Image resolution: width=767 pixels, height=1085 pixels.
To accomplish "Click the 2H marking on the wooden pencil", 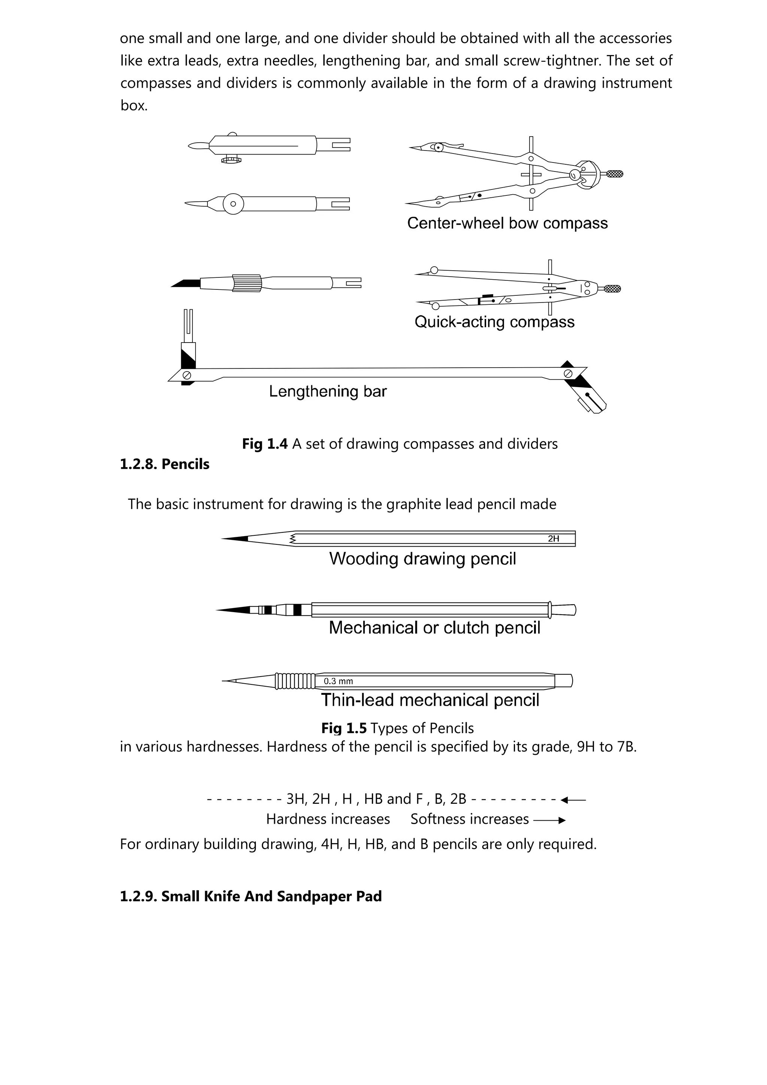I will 554,539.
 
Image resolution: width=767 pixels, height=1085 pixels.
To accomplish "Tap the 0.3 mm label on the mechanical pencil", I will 338,681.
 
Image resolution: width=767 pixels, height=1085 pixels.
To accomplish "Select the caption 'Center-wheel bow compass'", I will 507,223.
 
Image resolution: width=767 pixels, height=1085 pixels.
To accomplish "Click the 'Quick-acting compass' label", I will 494,322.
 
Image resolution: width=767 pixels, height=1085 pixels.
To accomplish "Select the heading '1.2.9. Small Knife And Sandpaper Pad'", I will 251,896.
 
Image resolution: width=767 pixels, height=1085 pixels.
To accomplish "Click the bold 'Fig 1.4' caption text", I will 265,444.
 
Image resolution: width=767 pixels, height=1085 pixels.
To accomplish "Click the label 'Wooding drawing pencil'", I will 422,559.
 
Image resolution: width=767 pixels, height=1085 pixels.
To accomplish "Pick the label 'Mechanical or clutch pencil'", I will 434,627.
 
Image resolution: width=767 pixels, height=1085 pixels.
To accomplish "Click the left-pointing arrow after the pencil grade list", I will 573,800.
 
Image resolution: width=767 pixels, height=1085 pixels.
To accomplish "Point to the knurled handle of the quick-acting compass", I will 612,289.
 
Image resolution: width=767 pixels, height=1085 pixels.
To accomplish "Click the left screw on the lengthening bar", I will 187,375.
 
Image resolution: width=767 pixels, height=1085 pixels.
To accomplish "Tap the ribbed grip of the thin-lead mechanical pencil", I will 295,681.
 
